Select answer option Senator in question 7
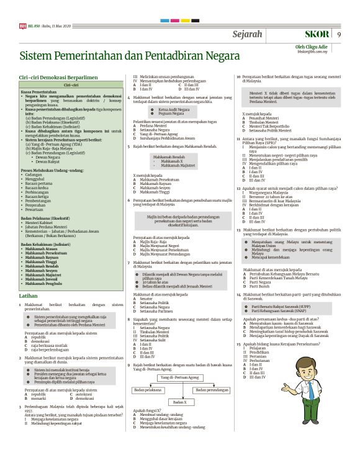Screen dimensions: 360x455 pyautogui.click(x=148, y=299)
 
